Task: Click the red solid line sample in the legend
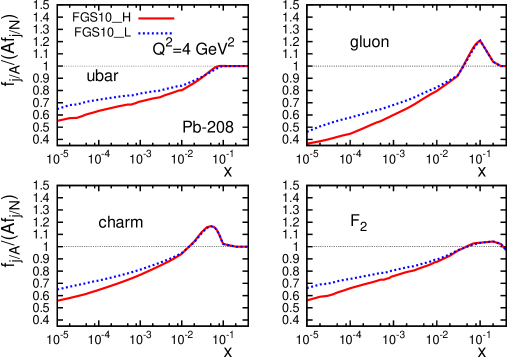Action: tap(156, 18)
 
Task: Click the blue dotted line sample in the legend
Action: tap(156, 34)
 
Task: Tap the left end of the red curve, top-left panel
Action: tap(59, 121)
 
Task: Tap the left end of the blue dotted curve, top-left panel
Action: tap(59, 108)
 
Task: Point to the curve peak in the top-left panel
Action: tap(221, 65)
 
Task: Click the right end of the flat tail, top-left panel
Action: tap(247, 67)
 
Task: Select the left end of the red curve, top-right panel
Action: tap(308, 143)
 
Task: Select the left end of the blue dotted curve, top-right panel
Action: tap(308, 131)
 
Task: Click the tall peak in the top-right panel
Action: tap(479, 41)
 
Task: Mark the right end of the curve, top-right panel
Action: tap(505, 67)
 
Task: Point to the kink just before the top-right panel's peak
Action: tap(457, 76)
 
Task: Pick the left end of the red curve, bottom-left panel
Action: tap(59, 300)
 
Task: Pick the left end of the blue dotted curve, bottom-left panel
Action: tap(59, 290)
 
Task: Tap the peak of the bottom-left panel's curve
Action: tap(210, 226)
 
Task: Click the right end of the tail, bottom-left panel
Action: tap(247, 247)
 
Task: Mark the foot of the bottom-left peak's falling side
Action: tap(223, 243)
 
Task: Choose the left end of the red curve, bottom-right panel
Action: tap(308, 300)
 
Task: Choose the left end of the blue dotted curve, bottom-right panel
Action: tap(308, 288)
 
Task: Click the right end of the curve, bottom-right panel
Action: tap(505, 250)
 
